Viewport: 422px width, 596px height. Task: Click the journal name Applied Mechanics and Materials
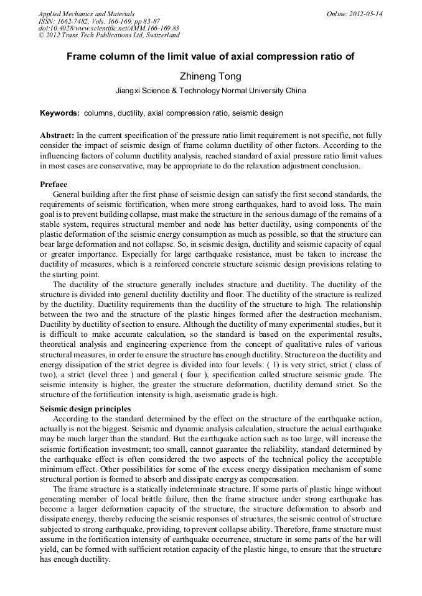tap(86, 14)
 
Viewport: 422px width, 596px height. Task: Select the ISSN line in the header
tap(99, 21)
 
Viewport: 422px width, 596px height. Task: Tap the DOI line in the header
tap(108, 29)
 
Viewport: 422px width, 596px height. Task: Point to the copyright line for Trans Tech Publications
tap(109, 35)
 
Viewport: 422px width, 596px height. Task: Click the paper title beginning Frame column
tap(210, 57)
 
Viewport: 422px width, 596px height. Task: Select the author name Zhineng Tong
tap(210, 76)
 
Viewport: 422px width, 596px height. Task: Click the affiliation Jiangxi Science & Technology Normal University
tap(210, 91)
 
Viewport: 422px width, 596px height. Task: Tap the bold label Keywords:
tap(60, 114)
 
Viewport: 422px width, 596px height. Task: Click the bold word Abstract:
tap(57, 135)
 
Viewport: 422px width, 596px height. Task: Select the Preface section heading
tap(54, 185)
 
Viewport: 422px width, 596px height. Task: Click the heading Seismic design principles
tap(85, 409)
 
